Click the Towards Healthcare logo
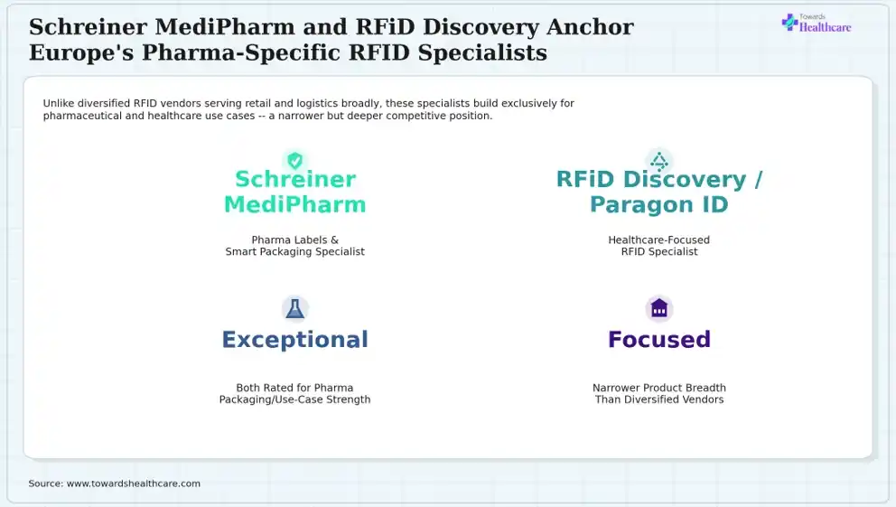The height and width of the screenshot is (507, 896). coord(817,23)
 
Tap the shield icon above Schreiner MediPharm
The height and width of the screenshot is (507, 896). coord(294,161)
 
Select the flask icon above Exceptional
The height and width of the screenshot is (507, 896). coord(294,309)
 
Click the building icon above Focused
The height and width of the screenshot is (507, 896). coord(659,308)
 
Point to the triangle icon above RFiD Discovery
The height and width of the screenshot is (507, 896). coord(659,161)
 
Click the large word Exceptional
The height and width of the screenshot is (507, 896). coord(294,340)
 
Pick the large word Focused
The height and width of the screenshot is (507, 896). coord(659,340)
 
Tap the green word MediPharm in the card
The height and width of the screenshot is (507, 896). coord(294,204)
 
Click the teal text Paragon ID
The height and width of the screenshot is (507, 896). coord(659,204)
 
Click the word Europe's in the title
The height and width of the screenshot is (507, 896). coord(81,52)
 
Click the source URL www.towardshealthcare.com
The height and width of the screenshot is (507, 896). coord(134,484)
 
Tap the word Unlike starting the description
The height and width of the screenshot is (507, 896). coord(59,103)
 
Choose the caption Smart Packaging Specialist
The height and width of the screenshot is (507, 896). coord(294,251)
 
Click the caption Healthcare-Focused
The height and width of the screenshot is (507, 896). coord(658,240)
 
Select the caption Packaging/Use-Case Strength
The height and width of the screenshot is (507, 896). coord(294,399)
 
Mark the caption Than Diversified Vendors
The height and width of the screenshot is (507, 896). coord(659,399)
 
